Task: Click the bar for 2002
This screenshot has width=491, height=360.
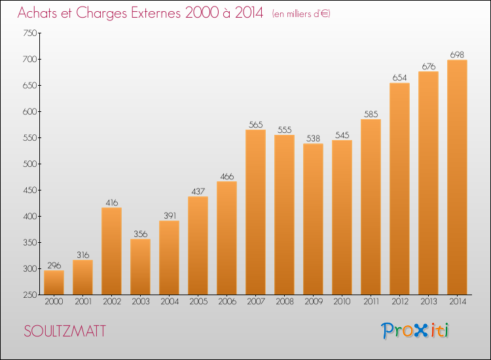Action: (x=111, y=251)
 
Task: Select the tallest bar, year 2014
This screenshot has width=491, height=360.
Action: (x=457, y=177)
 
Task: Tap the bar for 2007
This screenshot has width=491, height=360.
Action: (x=255, y=212)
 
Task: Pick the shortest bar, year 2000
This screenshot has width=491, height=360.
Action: (x=54, y=282)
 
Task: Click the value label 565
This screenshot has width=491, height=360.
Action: (x=255, y=124)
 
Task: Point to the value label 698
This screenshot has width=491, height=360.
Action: (x=457, y=55)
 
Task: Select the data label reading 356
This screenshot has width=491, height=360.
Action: (x=140, y=234)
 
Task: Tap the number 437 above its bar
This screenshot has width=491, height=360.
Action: (x=198, y=191)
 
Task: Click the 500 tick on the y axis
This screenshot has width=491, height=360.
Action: (x=29, y=164)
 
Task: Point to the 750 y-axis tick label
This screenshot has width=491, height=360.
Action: (x=29, y=33)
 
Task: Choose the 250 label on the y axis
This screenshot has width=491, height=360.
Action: (x=29, y=295)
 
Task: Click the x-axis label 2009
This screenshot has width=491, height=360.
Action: (x=314, y=302)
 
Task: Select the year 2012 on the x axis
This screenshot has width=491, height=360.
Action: (x=400, y=302)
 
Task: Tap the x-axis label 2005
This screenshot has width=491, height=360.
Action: (x=198, y=302)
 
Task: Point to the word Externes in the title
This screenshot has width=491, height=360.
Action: (x=156, y=12)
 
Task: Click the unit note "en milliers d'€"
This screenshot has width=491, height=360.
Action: (x=301, y=14)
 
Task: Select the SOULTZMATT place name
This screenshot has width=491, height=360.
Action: (x=65, y=331)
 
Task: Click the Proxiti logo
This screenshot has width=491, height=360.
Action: (x=415, y=331)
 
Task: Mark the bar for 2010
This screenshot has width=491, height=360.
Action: (x=342, y=217)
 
